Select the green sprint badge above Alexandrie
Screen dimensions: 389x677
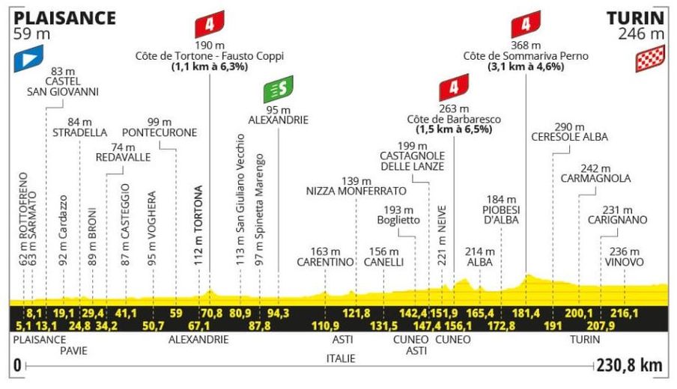click(278, 90)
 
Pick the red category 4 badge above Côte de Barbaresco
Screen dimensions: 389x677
click(454, 88)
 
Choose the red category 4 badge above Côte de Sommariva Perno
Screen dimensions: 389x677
click(526, 25)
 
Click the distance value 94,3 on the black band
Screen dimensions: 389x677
click(279, 312)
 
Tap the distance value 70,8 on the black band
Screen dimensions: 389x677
click(209, 312)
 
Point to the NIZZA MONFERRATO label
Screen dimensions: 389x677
click(356, 191)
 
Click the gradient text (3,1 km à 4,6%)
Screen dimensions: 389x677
click(526, 67)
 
